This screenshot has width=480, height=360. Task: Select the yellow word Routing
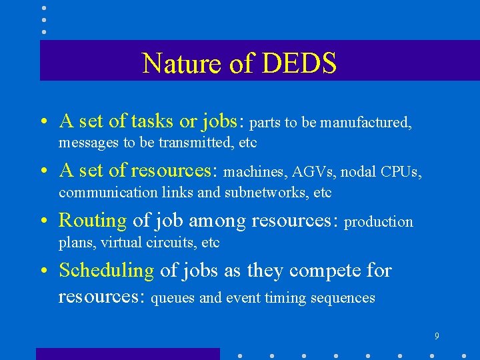93,220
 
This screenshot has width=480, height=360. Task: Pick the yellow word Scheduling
107,271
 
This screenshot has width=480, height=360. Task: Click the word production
379,222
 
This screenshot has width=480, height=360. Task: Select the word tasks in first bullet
153,121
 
